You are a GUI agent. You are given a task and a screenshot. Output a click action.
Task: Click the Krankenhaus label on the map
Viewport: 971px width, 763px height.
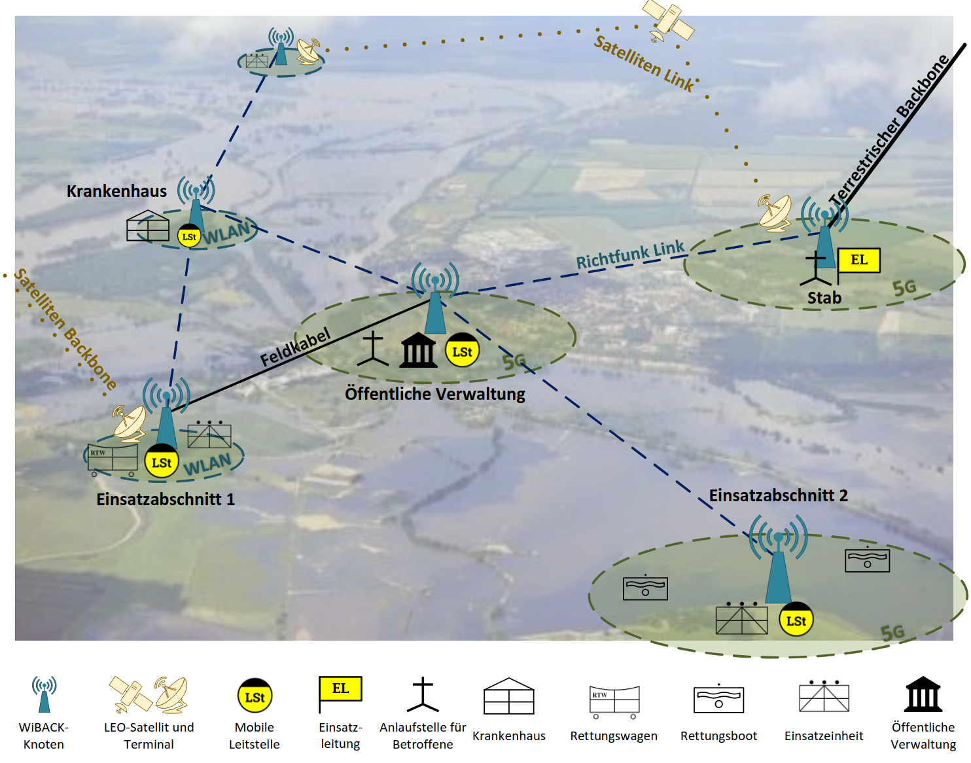(116, 191)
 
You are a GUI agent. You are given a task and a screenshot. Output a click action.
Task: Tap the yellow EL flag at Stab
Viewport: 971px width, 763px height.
(858, 260)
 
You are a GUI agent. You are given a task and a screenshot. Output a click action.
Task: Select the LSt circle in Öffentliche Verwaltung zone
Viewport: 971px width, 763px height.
(462, 351)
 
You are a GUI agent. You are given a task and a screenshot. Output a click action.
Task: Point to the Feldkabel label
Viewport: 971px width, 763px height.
(295, 348)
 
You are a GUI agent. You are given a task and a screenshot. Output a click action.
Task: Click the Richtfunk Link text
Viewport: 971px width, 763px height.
(630, 255)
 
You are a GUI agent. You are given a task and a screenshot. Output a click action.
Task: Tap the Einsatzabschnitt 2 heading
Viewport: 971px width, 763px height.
(778, 495)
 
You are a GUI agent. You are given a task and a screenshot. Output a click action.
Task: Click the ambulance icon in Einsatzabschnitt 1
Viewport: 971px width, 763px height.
(113, 459)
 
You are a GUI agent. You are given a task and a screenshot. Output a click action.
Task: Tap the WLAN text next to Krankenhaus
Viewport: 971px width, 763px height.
(226, 234)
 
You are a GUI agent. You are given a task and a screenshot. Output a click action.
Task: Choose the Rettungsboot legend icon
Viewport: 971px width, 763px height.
(718, 699)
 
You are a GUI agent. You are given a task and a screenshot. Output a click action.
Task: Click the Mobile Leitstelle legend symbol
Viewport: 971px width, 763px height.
(255, 696)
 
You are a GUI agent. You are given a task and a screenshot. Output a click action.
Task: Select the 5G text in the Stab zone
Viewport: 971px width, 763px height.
(904, 287)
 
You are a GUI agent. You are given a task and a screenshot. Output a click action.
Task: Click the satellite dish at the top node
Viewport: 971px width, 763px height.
(308, 51)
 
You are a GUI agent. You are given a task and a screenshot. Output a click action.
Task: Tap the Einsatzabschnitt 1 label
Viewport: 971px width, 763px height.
(165, 499)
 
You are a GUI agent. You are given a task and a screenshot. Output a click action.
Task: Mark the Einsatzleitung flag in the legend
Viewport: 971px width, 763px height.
(340, 691)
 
